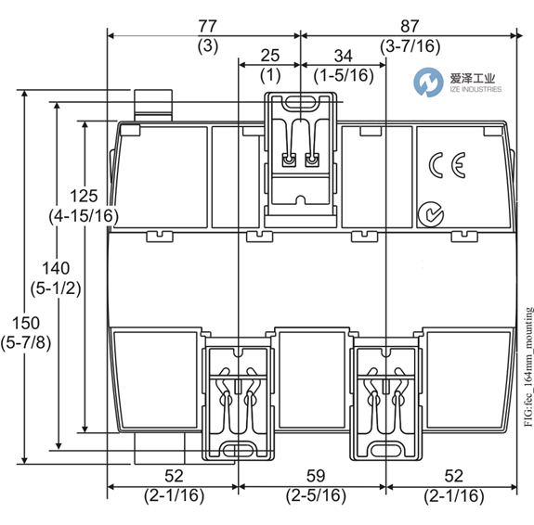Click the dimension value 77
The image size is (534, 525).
coord(207,26)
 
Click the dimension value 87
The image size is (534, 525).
coord(410,26)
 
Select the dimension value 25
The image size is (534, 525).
coord(270,56)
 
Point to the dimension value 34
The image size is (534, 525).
coord(344,57)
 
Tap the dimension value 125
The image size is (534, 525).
coord(84,196)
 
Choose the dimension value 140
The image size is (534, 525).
coord(56,268)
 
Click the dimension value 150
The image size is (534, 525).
coord(26,323)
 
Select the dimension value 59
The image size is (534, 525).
coord(316,477)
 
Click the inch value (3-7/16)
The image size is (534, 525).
coord(410,46)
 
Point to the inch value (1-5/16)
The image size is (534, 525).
coord(344,75)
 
